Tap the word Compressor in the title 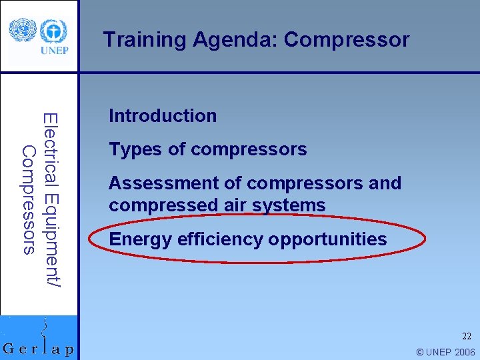pos(347,40)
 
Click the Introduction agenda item pos(163,116)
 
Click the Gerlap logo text pos(39,349)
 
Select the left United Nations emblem pos(22,30)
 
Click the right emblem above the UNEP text pos(53,31)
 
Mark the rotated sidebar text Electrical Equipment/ pos(51,200)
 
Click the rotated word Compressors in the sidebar pos(29,200)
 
